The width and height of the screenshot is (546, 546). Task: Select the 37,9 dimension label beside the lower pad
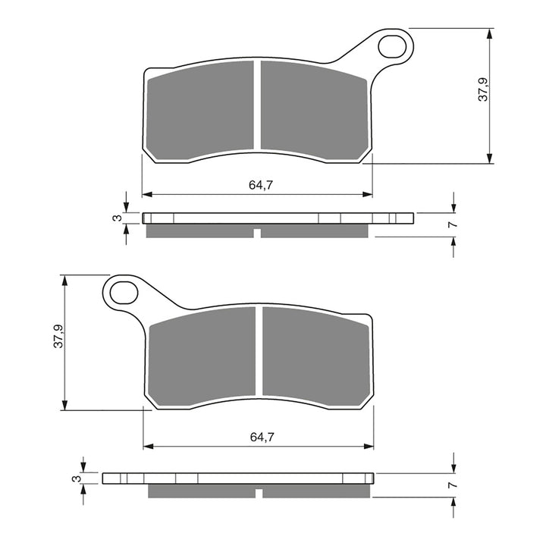(x=57, y=337)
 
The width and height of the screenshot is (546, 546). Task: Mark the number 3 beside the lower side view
(x=76, y=479)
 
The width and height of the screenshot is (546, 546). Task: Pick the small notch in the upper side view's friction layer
(x=258, y=231)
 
